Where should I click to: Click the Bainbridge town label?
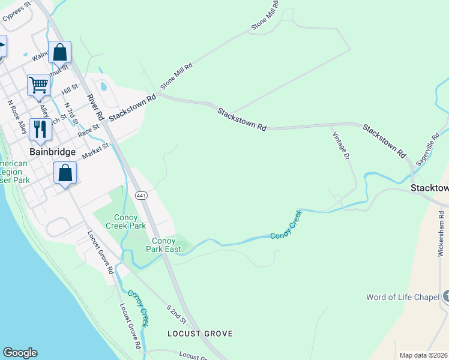coord(53,152)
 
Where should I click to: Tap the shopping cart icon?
coord(38,85)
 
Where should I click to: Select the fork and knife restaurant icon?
coord(40,129)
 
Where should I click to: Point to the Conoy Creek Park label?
coord(125,221)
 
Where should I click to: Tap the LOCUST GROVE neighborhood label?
coord(200,333)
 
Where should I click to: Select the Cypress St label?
coord(16,12)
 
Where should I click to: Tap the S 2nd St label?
coord(177,314)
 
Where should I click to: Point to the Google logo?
coord(20,353)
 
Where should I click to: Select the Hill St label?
coord(70,89)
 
